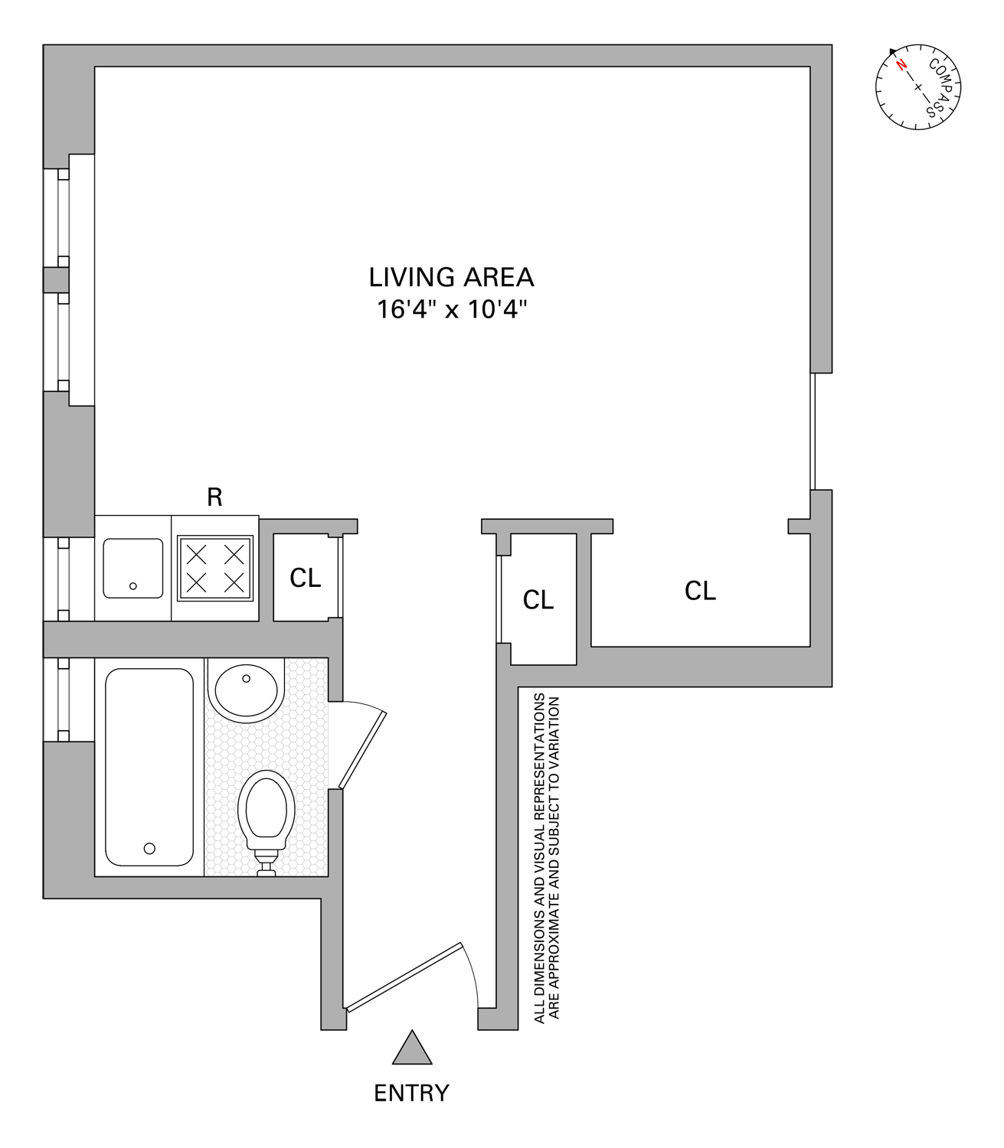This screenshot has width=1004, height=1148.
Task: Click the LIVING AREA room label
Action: click(x=451, y=277)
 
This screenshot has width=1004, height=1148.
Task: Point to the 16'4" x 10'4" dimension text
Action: click(x=452, y=310)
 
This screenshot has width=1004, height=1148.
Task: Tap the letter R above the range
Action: click(x=215, y=497)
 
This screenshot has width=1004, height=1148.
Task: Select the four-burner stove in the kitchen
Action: click(x=215, y=567)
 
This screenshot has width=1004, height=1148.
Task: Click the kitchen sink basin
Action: click(x=133, y=568)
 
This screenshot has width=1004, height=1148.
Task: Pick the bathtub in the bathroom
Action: click(x=149, y=767)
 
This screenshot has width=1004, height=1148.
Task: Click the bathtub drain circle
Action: click(x=150, y=848)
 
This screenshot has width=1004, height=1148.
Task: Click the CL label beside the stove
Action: click(x=305, y=579)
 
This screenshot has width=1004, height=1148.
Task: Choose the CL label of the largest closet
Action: click(x=700, y=591)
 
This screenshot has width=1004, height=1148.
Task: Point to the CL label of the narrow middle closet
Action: click(x=538, y=600)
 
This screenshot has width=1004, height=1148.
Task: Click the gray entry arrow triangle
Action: click(x=412, y=1049)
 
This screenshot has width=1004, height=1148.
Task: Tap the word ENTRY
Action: click(x=411, y=1093)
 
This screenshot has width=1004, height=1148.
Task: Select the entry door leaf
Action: click(x=404, y=977)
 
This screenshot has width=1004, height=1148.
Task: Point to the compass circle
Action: click(x=917, y=88)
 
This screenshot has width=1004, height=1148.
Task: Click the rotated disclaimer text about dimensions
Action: click(x=547, y=857)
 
